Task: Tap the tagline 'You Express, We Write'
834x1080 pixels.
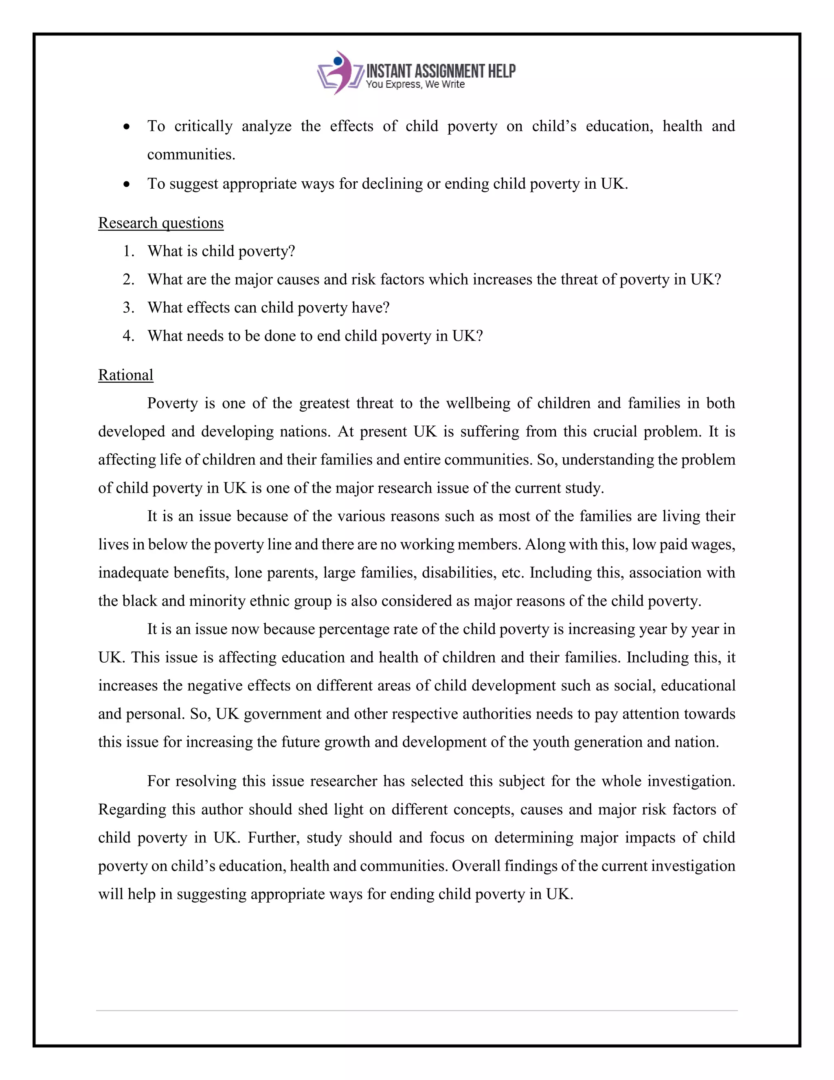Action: pyautogui.click(x=415, y=84)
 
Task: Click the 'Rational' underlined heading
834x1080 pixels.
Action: pyautogui.click(x=125, y=375)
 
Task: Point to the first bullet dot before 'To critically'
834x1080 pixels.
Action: pyautogui.click(x=127, y=127)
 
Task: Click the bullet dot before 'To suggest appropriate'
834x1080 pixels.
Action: pyautogui.click(x=127, y=185)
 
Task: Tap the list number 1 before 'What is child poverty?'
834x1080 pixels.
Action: pyautogui.click(x=128, y=251)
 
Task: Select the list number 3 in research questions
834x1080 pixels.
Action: pyautogui.click(x=128, y=308)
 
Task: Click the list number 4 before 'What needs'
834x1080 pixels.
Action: pyautogui.click(x=128, y=336)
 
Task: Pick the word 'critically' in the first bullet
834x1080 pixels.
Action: pyautogui.click(x=203, y=126)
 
